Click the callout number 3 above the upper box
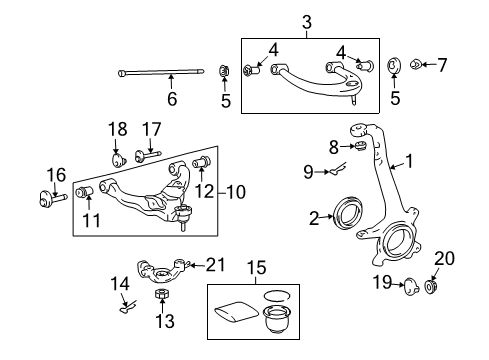(307, 22)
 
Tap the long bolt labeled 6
(161, 72)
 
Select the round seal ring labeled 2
(348, 213)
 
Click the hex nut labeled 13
(162, 294)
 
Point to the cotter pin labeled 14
(128, 307)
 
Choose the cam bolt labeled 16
(53, 199)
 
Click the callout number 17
(152, 130)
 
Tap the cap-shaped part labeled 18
(118, 159)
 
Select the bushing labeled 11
(84, 192)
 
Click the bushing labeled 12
(202, 162)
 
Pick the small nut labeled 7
(415, 64)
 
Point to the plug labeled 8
(361, 146)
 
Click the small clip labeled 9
(338, 168)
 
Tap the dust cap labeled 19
(411, 286)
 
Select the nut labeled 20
(431, 287)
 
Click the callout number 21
(215, 265)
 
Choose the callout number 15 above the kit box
(257, 268)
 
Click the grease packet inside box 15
(236, 312)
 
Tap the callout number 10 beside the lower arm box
(236, 192)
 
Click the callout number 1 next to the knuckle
(409, 161)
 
